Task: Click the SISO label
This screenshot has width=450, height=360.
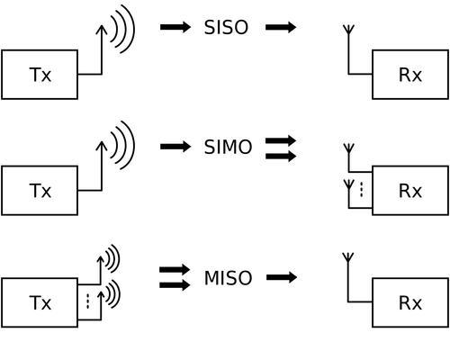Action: (226, 27)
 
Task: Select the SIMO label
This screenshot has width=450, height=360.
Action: (228, 147)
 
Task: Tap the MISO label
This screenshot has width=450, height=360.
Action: (228, 278)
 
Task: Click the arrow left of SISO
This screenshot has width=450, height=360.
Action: (175, 27)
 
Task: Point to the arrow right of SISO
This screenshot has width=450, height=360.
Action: (281, 27)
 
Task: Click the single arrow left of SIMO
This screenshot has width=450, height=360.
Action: (175, 147)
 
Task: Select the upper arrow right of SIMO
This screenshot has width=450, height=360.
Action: (281, 140)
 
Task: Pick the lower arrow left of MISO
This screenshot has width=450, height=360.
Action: (175, 285)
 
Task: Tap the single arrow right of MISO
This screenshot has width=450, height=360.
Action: (282, 277)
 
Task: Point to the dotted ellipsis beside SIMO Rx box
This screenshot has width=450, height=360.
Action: (362, 189)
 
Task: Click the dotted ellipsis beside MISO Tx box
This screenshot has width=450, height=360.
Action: (87, 301)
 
